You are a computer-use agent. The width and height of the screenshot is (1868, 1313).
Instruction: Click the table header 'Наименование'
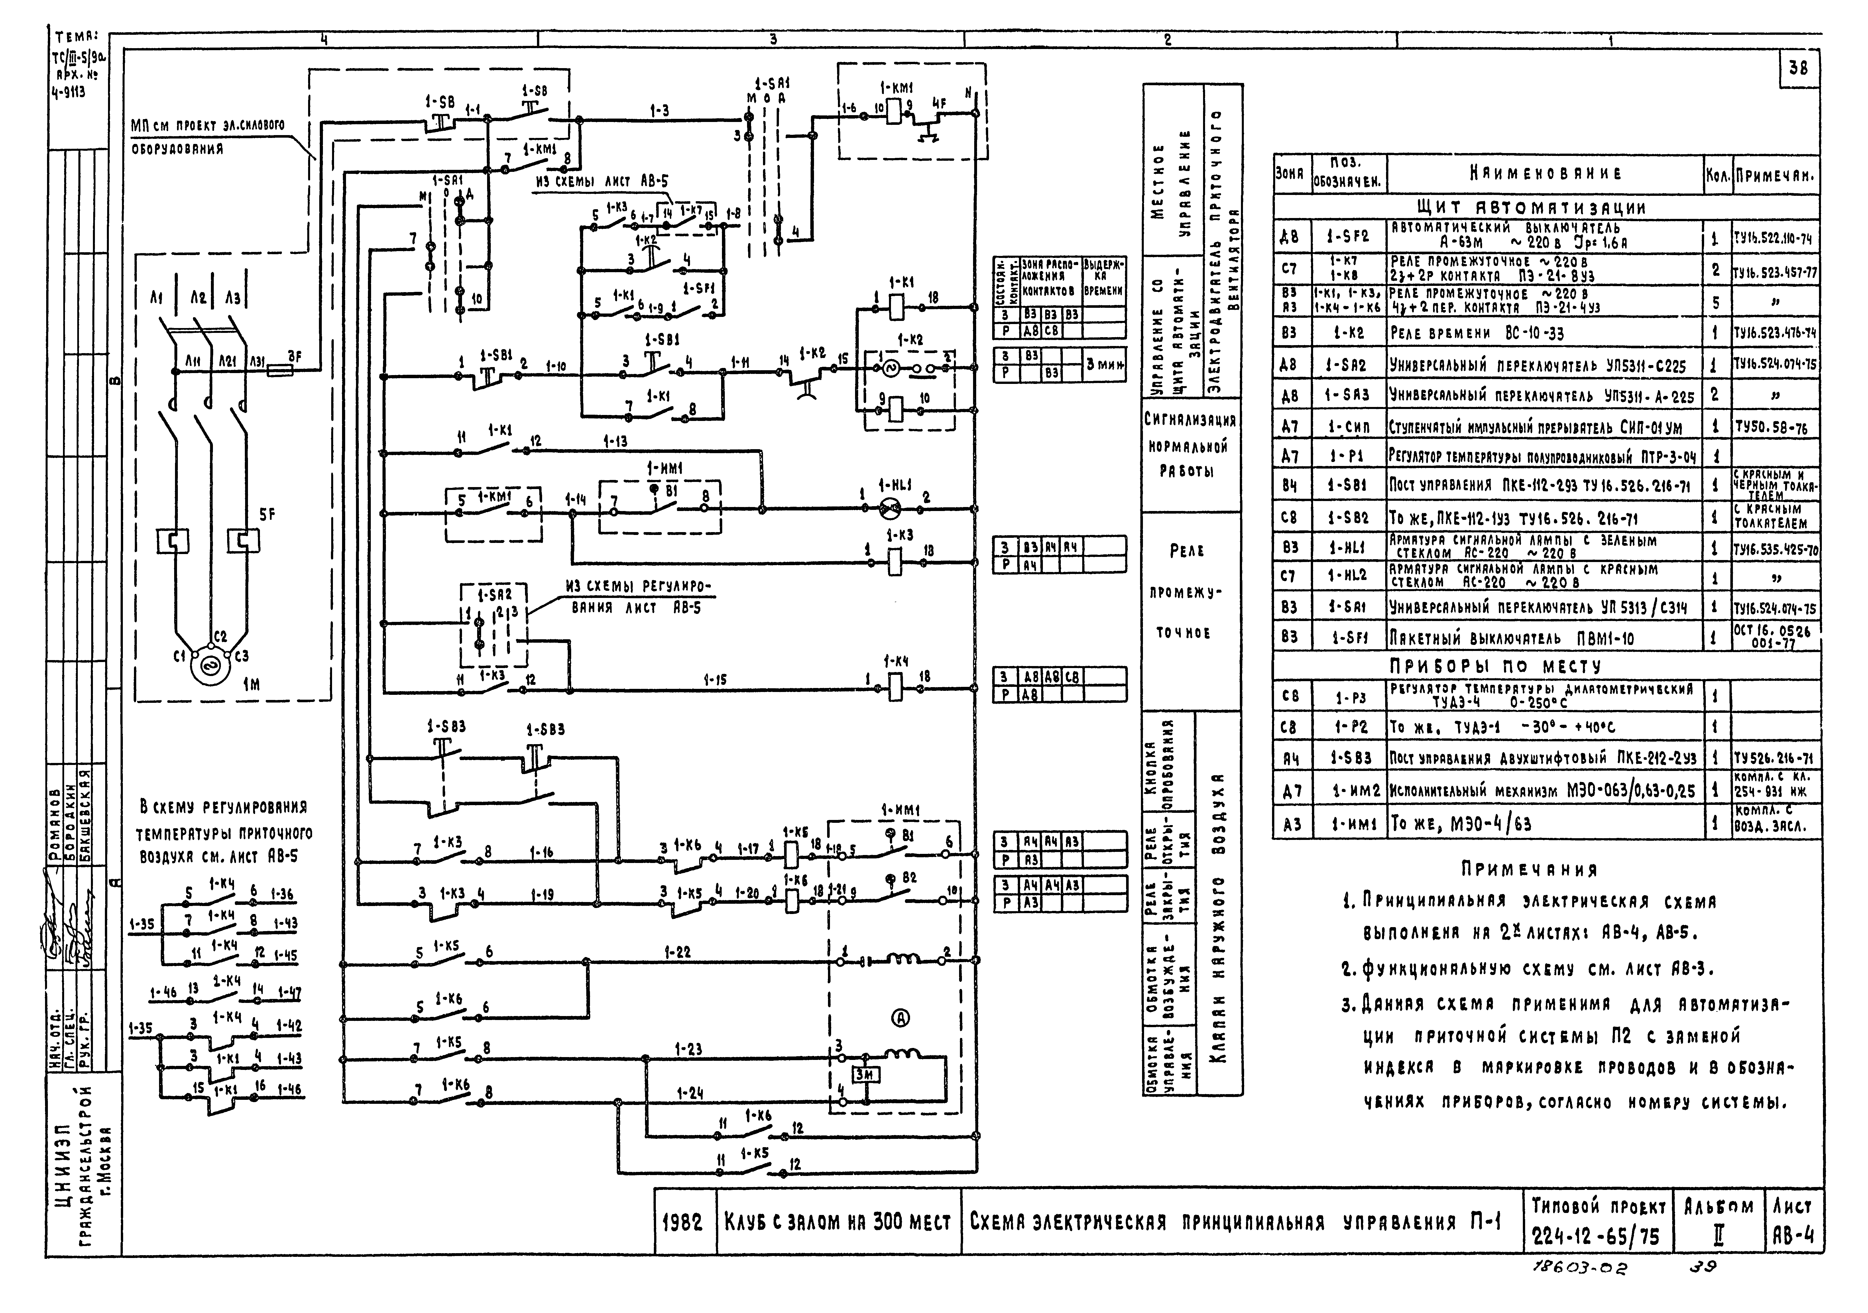[1545, 173]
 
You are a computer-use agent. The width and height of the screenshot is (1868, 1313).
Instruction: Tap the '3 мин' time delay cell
[1104, 365]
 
